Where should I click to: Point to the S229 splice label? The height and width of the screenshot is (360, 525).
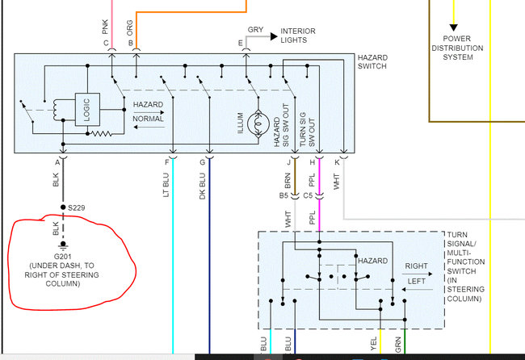[77, 208]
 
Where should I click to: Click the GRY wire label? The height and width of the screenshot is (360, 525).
[255, 30]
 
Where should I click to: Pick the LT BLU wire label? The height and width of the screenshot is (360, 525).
[166, 182]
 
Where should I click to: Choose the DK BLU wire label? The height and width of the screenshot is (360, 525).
[202, 182]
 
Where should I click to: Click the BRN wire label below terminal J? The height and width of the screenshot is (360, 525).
[287, 178]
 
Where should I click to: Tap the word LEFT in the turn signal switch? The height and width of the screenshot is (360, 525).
[417, 281]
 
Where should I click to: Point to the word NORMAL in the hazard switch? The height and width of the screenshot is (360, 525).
[148, 119]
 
